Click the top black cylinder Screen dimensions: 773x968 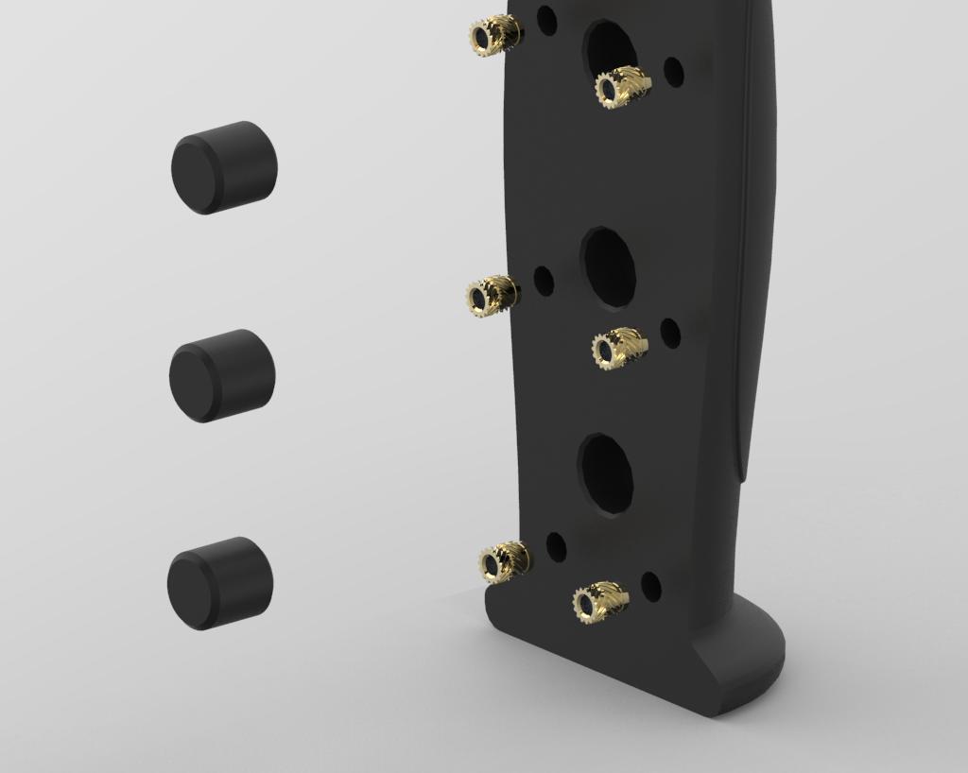[x=224, y=167]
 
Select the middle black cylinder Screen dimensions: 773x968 [x=222, y=375]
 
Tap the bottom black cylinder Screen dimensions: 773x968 [x=220, y=583]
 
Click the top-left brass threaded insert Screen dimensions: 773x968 [x=493, y=36]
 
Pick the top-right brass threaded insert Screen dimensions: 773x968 [x=622, y=88]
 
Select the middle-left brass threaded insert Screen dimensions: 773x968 [x=491, y=297]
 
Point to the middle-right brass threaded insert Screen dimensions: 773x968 [x=619, y=349]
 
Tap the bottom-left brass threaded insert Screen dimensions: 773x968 [x=503, y=562]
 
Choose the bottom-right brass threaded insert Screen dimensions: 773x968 [x=600, y=602]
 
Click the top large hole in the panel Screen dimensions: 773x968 [x=610, y=49]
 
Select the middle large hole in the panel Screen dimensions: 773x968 [x=608, y=267]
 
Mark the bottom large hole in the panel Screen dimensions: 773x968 [x=606, y=473]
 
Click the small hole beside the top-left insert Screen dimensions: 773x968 [x=546, y=19]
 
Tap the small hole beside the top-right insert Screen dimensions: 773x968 [x=673, y=71]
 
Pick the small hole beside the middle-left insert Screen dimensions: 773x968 [x=544, y=280]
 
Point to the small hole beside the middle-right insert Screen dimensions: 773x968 [x=670, y=333]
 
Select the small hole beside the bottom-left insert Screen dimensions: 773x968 [x=556, y=548]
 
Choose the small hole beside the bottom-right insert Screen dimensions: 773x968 [x=651, y=587]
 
